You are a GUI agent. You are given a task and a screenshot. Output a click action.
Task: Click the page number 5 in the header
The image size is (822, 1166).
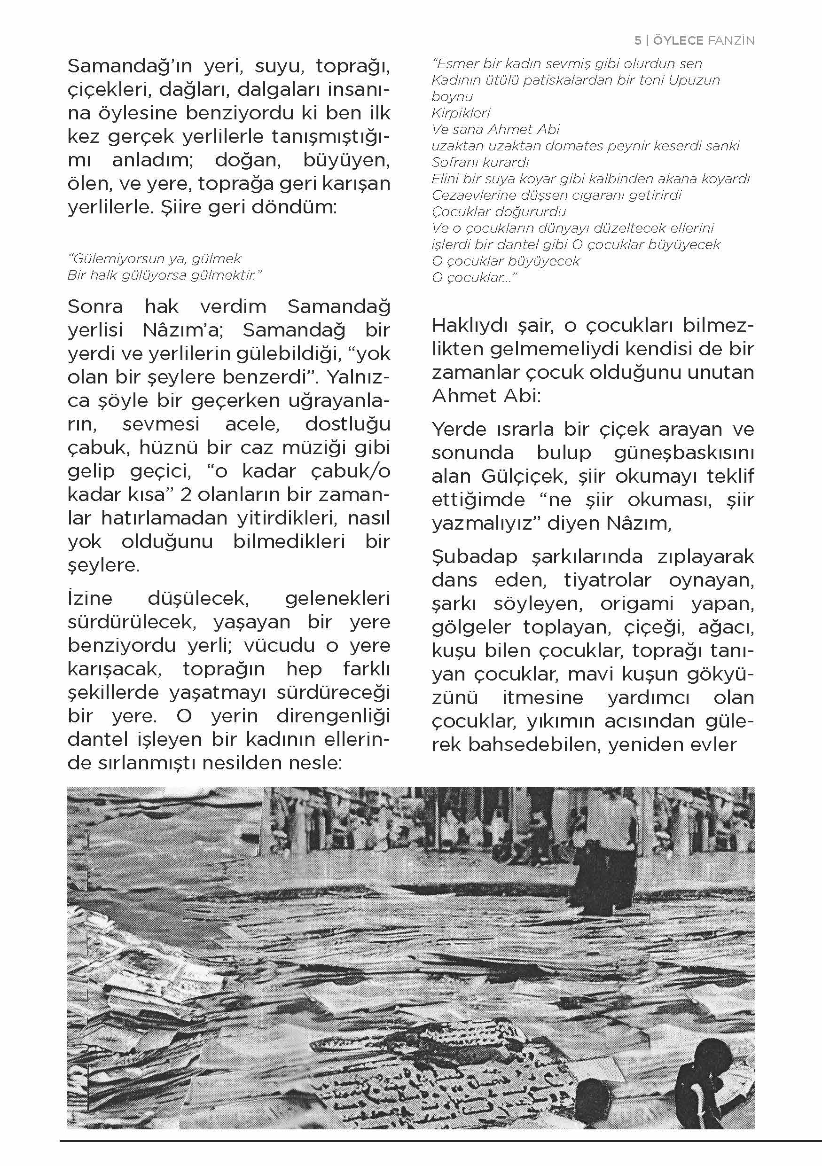tap(638, 40)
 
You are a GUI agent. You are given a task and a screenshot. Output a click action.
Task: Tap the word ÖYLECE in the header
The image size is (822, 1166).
tap(678, 40)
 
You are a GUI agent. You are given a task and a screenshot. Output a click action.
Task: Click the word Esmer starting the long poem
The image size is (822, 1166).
tap(453, 64)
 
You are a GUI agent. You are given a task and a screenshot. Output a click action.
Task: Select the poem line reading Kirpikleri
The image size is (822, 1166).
tap(461, 113)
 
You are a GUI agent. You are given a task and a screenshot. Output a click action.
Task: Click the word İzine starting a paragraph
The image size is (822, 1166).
tap(90, 598)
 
